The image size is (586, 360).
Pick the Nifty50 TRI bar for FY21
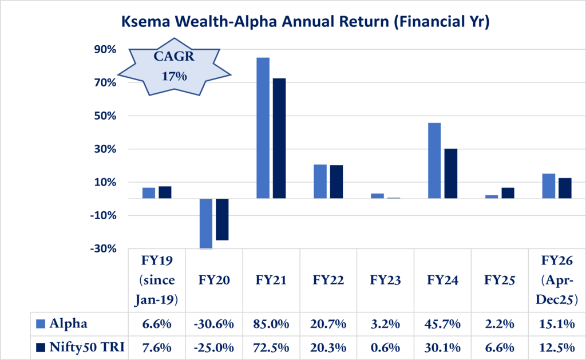coord(279,138)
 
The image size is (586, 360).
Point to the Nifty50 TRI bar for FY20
coord(222,219)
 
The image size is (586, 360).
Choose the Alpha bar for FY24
coord(434,160)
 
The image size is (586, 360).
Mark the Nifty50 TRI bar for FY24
coord(450,173)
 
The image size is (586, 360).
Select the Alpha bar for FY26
coord(549,186)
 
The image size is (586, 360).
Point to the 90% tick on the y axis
coord(105,50)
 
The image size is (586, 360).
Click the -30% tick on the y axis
coord(103,249)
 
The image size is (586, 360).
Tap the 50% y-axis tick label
coord(105,116)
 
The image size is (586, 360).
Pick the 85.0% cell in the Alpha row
coord(271,324)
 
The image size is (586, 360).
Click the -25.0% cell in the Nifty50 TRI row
coord(214,347)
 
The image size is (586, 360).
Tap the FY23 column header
coord(385,280)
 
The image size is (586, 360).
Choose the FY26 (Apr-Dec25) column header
coord(557,280)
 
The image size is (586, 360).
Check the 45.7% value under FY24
coord(442,324)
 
